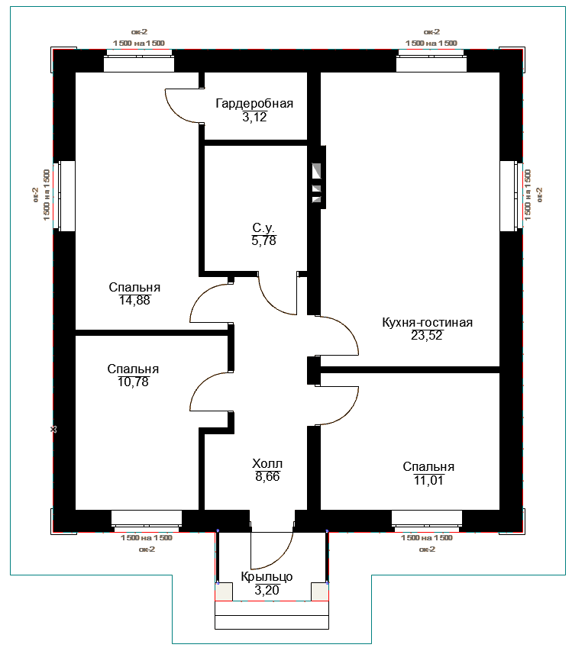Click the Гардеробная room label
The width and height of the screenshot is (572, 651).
[254, 103]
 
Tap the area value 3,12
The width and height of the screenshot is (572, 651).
[254, 117]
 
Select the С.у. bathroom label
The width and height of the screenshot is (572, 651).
[263, 227]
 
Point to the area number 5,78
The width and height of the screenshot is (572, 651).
[263, 241]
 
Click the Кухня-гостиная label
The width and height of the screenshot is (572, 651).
[427, 322]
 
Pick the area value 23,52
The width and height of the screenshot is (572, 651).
[427, 336]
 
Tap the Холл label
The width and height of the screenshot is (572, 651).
[267, 463]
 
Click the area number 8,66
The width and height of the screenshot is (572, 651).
[267, 477]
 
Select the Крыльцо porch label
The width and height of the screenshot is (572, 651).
[267, 577]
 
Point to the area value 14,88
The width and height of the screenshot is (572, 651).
[134, 300]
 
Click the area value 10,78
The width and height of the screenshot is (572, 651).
[133, 382]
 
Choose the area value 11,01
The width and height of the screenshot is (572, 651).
[428, 480]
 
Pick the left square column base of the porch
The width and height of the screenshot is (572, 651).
[224, 591]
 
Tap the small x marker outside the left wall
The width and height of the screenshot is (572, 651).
[53, 430]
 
